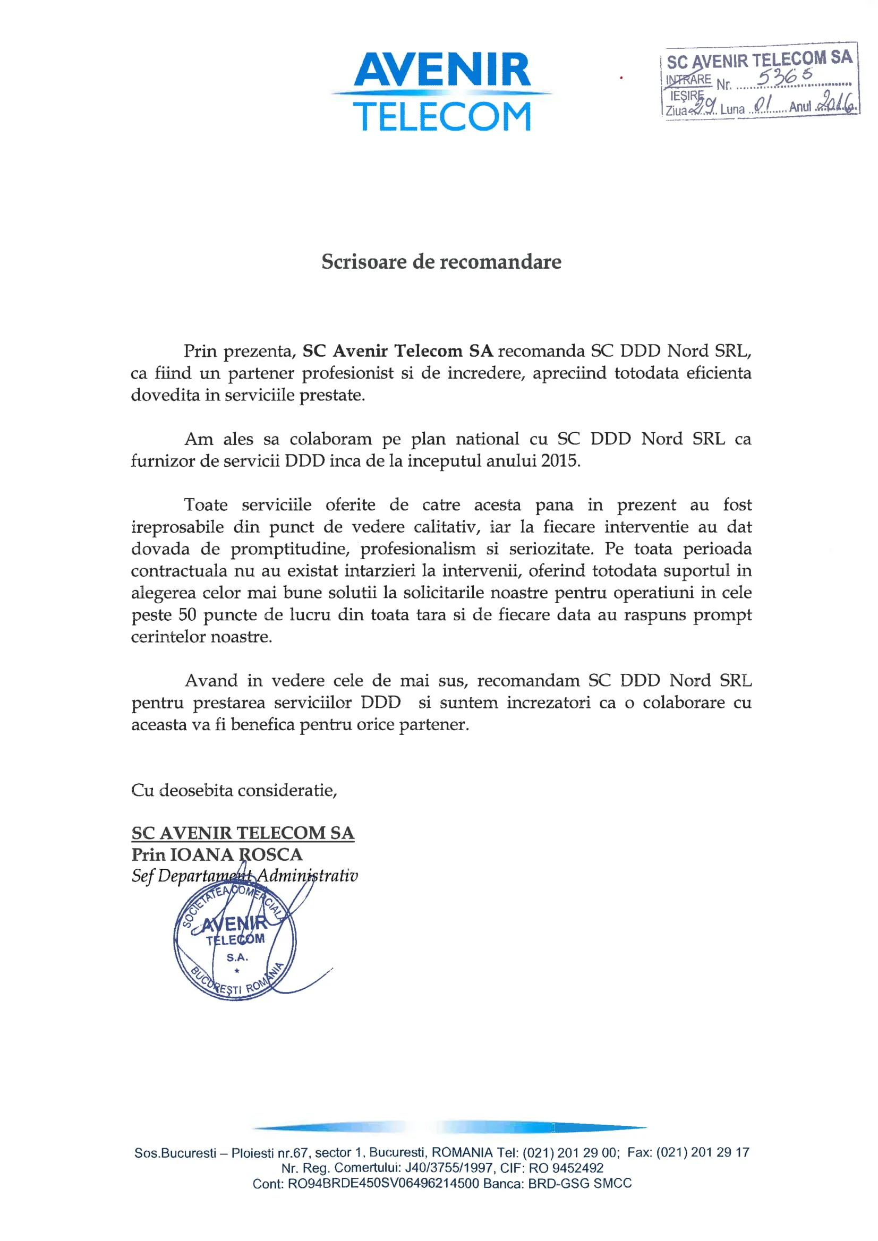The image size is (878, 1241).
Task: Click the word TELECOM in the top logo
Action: tap(442, 117)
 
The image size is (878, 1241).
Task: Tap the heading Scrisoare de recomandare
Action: tap(441, 262)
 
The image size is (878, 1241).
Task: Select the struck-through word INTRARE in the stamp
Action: tap(688, 80)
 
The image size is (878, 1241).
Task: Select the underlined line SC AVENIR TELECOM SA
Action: tap(243, 833)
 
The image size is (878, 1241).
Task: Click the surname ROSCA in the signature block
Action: tap(271, 854)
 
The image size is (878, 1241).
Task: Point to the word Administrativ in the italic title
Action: tap(307, 876)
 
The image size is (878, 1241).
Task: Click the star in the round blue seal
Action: tap(237, 971)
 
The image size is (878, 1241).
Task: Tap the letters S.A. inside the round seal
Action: tap(237, 958)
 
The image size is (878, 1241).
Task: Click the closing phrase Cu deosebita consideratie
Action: tap(234, 790)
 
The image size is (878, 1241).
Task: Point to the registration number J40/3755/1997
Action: tap(449, 1168)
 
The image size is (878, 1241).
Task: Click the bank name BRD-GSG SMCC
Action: tap(579, 1184)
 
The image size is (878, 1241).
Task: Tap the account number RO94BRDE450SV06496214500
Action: tap(383, 1184)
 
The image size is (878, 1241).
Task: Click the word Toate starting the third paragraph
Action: tap(206, 505)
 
